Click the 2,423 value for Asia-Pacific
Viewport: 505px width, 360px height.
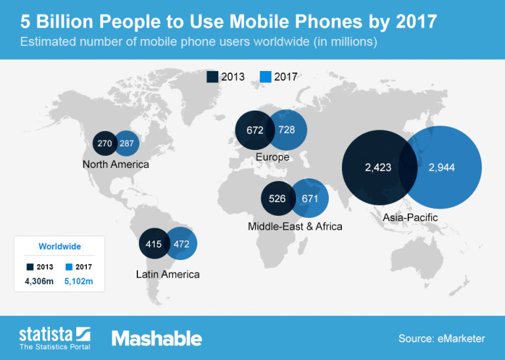[378, 168]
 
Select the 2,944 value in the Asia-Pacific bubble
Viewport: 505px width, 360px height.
[441, 168]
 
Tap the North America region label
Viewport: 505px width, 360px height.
[116, 164]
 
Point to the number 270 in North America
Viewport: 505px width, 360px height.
[105, 142]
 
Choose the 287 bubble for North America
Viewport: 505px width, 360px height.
[127, 142]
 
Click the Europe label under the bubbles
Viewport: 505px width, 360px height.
[272, 157]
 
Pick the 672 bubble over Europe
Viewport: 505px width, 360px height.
[255, 130]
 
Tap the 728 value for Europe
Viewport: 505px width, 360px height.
[287, 130]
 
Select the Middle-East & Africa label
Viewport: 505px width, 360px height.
[295, 226]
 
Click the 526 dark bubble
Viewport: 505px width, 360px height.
[277, 198]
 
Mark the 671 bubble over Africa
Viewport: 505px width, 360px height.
[310, 198]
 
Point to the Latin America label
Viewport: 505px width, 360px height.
[167, 274]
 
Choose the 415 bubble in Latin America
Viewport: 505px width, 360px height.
[154, 245]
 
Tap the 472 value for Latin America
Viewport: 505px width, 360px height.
[181, 245]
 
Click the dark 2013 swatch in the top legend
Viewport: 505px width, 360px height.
[213, 76]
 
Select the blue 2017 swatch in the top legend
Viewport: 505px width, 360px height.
[266, 76]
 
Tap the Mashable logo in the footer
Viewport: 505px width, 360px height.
[156, 338]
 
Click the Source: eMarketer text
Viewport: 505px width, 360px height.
[441, 338]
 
